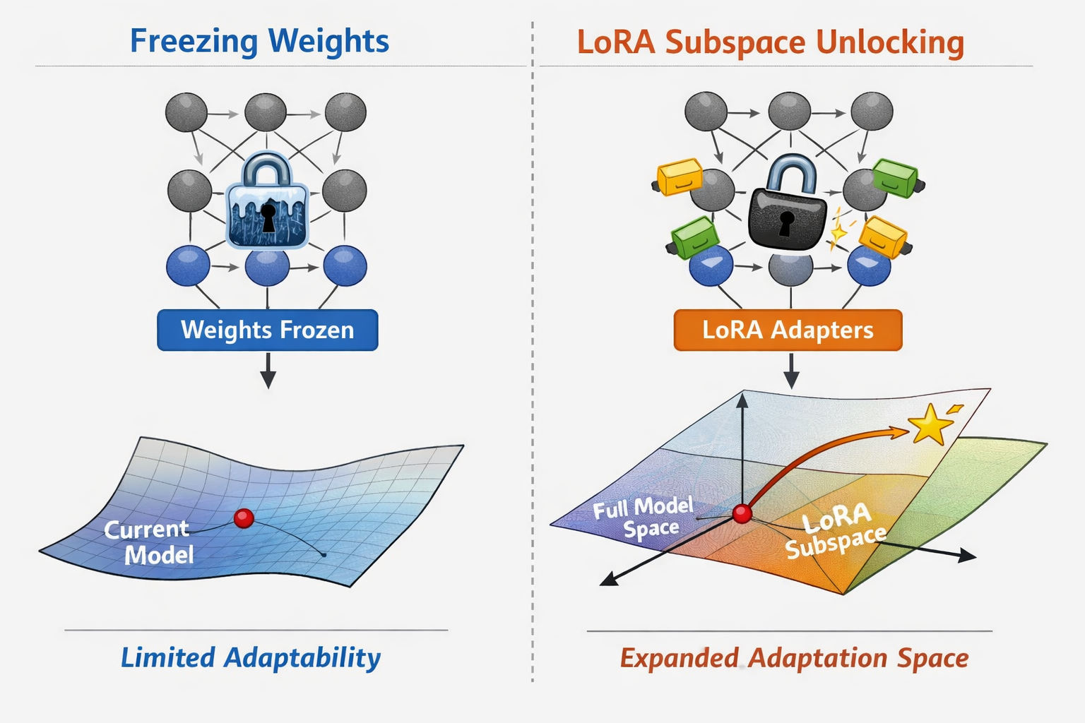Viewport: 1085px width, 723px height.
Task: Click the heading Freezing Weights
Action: click(x=259, y=41)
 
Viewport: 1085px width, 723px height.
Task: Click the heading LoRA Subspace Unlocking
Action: click(x=770, y=42)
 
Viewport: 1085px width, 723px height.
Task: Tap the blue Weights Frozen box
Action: click(x=267, y=330)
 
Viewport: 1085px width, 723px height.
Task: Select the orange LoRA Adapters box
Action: click(x=788, y=330)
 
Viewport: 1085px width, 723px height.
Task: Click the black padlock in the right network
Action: click(x=787, y=208)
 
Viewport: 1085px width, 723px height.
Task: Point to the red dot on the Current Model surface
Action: click(x=244, y=518)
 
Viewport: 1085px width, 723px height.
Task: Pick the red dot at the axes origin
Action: click(x=742, y=513)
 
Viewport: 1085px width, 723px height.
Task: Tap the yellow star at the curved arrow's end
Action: click(x=930, y=424)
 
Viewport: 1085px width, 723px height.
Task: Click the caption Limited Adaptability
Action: click(x=251, y=657)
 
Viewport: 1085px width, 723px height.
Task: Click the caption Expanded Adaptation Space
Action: click(x=794, y=658)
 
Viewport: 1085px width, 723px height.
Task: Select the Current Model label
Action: click(x=148, y=542)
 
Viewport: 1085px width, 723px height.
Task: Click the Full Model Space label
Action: click(x=644, y=517)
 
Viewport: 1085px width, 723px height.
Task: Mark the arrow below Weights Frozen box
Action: click(x=268, y=370)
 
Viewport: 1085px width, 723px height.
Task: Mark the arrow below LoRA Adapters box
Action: click(x=791, y=370)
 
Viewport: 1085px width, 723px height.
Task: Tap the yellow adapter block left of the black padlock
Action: click(x=680, y=177)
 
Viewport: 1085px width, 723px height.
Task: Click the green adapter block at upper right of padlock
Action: click(x=896, y=177)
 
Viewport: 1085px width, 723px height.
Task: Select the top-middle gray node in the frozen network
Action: click(x=266, y=112)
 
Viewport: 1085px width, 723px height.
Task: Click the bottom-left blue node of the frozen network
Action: click(x=188, y=266)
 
